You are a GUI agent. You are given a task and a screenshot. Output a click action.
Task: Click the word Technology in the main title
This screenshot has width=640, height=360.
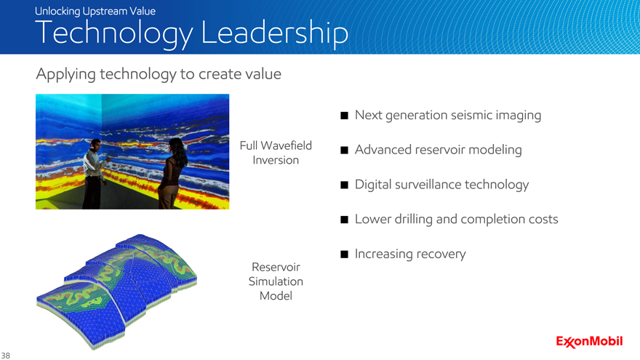(114, 33)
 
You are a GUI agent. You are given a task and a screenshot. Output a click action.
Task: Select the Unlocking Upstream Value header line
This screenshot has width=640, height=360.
(95, 11)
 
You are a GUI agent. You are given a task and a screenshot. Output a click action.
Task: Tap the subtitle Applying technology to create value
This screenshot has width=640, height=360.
(159, 74)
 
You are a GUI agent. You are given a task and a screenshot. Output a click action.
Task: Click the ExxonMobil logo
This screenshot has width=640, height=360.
(589, 341)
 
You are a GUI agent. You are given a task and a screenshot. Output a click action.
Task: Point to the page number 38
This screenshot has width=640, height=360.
(5, 356)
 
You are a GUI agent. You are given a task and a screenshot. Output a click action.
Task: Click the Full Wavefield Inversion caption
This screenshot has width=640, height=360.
(276, 153)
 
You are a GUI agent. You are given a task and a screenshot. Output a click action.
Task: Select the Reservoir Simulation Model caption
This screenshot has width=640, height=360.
(276, 281)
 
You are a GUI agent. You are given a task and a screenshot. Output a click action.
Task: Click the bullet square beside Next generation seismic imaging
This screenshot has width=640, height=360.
(345, 116)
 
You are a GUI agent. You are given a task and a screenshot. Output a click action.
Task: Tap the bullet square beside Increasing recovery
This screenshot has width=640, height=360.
(345, 255)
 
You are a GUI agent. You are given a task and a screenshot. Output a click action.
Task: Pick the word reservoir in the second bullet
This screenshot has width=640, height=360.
(440, 150)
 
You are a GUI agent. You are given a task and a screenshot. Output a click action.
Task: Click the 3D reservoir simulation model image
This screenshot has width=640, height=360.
(117, 292)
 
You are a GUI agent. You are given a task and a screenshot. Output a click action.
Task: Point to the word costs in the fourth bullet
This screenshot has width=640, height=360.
(543, 219)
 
